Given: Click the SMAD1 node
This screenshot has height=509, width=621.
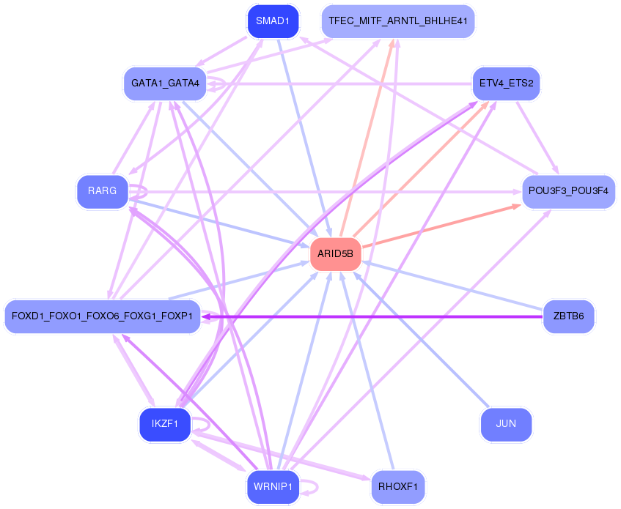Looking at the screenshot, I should [x=273, y=21].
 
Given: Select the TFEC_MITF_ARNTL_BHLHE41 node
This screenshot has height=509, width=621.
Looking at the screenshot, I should [x=398, y=21].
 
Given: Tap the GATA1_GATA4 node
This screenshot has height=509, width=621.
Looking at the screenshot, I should [x=165, y=83].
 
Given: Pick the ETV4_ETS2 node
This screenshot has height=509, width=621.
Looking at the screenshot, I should [x=506, y=83].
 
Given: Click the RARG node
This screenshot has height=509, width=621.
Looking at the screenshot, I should [x=102, y=191].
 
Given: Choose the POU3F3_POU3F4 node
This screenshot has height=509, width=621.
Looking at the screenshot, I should [x=568, y=191].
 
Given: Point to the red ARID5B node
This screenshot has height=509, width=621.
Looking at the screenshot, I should [x=336, y=254].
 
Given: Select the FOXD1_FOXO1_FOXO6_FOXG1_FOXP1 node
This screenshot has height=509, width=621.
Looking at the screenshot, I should [x=103, y=316].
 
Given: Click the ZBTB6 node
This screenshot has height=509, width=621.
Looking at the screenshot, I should [x=568, y=316].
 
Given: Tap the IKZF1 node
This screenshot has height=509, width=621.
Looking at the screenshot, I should [x=165, y=425].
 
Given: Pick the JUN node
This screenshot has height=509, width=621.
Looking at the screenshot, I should [x=506, y=425].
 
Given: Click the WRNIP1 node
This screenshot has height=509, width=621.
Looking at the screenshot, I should [x=273, y=487].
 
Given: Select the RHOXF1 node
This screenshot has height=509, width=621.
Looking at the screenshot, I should [x=398, y=487].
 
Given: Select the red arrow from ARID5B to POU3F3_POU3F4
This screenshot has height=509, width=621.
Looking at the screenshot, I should [x=440, y=226].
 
